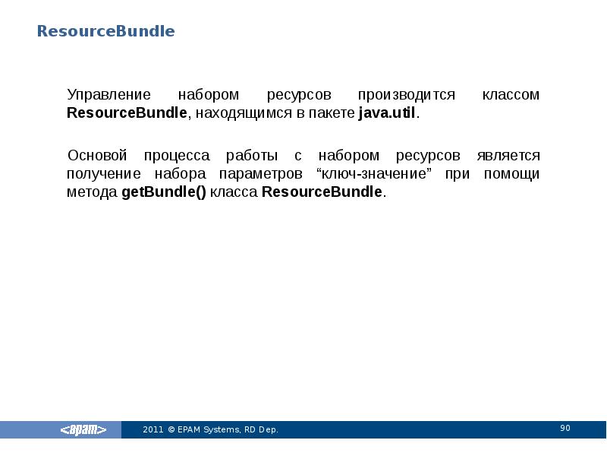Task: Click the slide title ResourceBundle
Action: coord(106,31)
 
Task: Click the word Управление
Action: coord(109,96)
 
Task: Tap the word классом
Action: coord(511,96)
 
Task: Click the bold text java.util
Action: coord(387,114)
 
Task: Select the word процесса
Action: coord(178,156)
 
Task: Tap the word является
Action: coord(508,156)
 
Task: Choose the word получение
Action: coord(102,174)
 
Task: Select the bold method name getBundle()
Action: coord(163,192)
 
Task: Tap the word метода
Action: coord(92,192)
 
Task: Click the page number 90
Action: coord(565,429)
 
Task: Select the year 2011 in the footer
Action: coord(153,430)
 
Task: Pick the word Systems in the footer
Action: coord(222,430)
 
